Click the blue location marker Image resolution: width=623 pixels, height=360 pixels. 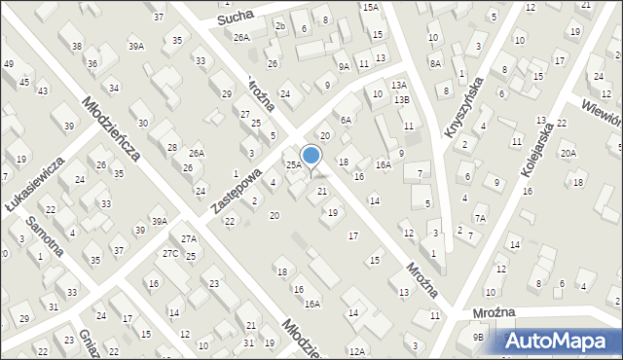pos(311,155)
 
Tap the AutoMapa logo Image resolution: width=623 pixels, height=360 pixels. pos(559,340)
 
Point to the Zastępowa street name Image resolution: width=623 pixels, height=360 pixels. pos(238,191)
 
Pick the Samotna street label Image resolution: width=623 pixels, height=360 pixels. pos(45,234)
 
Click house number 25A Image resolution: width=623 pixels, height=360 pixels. pos(292,165)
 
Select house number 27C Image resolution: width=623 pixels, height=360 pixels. pos(170,254)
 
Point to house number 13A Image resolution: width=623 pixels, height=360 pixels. pos(399,86)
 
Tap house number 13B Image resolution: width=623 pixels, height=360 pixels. pos(402,99)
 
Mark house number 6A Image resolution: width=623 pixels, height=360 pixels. pos(345,119)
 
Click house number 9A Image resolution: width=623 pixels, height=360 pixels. pos(344,66)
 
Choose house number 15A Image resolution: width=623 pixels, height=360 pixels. pos(370,7)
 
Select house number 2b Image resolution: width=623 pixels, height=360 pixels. pos(280,25)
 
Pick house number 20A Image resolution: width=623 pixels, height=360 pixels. pos(568,153)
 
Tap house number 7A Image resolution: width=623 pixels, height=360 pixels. pos(479,219)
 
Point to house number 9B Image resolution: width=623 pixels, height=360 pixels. pos(478,337)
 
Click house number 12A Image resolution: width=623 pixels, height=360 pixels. pos(357,351)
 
